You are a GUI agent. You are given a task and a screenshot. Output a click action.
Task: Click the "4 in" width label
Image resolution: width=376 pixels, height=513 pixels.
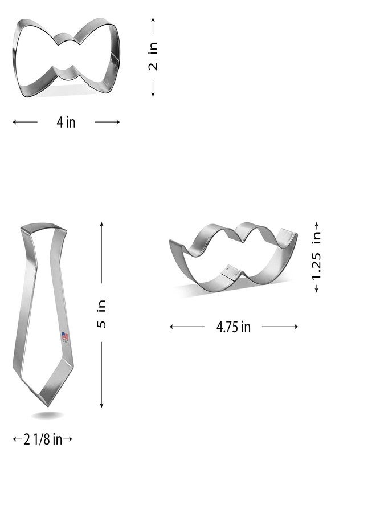point(66,123)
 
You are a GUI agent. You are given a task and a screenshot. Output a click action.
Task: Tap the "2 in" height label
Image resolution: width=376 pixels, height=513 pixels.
point(153,56)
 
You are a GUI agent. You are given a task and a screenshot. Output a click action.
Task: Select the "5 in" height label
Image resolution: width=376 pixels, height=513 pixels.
point(101,313)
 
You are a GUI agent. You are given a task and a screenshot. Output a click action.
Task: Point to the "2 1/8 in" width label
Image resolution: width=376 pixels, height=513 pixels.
point(43,439)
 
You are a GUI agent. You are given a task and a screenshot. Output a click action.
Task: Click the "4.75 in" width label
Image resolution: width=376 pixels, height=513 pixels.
point(234,327)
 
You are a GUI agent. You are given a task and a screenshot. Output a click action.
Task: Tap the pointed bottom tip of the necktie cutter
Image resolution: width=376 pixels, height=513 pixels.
point(48,406)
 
